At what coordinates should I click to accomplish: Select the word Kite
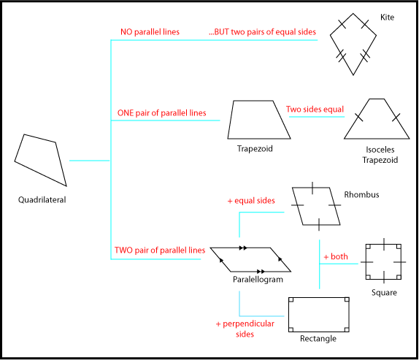pos(388,16)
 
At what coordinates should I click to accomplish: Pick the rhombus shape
pos(316,207)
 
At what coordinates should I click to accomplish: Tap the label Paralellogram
pos(258,280)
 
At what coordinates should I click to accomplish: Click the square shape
pos(383,261)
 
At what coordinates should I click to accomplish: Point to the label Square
pos(383,293)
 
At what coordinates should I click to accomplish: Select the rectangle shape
pos(318,314)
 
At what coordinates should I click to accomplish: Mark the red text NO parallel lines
pos(150,32)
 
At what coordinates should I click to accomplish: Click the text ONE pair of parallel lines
pos(161,113)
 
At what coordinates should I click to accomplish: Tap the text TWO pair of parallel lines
pos(160,250)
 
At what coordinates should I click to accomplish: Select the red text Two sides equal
pos(315,110)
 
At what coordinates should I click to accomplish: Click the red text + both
pos(336,257)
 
